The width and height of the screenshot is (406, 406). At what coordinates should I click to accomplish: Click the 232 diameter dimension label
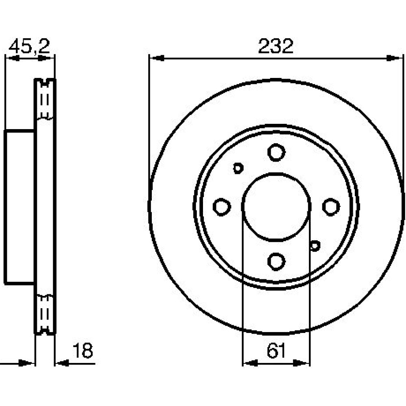tap(276, 46)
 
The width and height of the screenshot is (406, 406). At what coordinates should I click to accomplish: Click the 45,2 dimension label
tap(29, 47)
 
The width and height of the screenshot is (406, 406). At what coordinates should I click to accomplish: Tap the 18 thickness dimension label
tap(83, 350)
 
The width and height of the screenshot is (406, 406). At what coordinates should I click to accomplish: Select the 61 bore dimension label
tap(276, 351)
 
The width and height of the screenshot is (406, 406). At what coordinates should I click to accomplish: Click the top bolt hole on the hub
tap(276, 152)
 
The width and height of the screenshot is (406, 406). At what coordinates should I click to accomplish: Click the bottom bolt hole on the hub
tap(276, 261)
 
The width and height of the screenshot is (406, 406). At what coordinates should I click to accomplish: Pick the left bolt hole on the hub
tap(222, 207)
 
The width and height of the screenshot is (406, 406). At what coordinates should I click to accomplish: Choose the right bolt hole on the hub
tap(331, 207)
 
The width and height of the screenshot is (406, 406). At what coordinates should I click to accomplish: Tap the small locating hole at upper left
tap(238, 168)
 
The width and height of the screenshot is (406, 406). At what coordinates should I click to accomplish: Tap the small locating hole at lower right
tap(315, 246)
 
